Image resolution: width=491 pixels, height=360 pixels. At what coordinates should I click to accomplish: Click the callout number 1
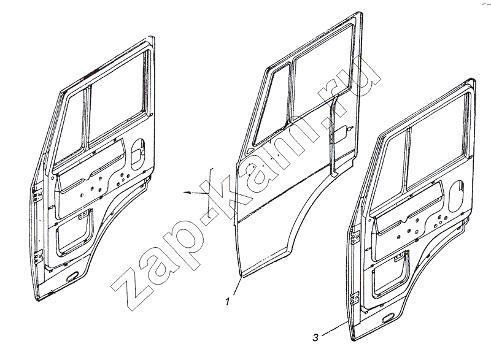point(228,302)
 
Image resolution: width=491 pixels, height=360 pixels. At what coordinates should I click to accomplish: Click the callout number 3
point(315,338)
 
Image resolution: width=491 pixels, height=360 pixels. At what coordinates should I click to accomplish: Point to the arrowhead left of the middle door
point(187,193)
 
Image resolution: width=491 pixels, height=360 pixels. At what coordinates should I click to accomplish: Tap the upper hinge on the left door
point(39,194)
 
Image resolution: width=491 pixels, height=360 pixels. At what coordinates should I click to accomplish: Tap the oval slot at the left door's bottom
point(73,276)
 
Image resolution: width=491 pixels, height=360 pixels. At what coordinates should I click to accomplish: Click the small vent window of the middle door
point(271,107)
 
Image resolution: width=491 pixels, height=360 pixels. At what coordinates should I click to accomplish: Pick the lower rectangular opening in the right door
point(392,272)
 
